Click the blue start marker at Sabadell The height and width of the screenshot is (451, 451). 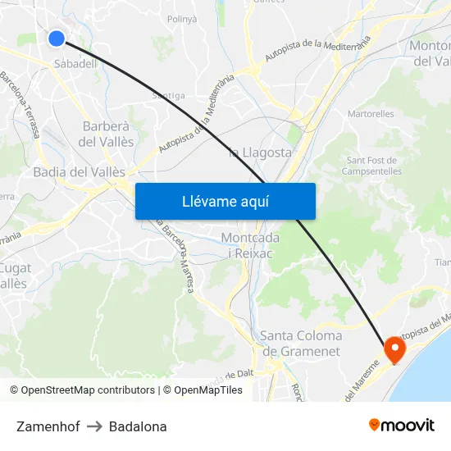click(57, 39)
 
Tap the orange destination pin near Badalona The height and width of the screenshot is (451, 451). click(394, 348)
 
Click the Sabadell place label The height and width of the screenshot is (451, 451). click(75, 63)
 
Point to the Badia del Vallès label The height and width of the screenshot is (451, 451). click(80, 172)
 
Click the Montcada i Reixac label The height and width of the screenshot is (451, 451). click(250, 245)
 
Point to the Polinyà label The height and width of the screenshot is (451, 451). click(181, 18)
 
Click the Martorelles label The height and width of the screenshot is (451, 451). click(371, 115)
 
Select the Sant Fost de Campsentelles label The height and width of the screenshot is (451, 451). click(374, 166)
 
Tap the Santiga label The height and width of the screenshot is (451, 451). click(168, 95)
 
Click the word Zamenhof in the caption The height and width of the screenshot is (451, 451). click(48, 426)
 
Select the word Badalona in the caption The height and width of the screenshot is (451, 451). click(138, 426)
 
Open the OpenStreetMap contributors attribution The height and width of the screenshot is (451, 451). click(82, 390)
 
